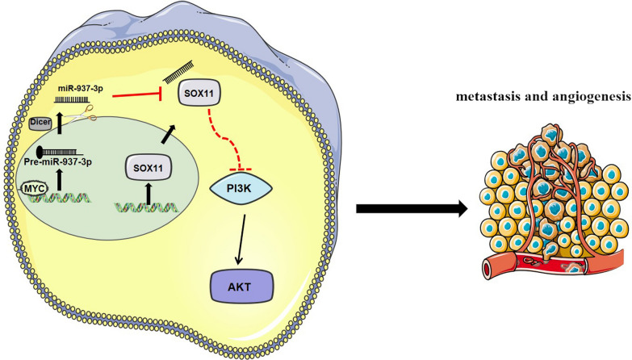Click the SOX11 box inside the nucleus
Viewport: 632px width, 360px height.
coord(148,167)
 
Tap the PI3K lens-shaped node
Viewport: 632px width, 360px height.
coord(241,188)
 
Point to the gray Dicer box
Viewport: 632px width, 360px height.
coord(40,123)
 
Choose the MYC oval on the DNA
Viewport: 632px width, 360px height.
coord(35,188)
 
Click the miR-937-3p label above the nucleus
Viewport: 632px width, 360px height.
coord(80,89)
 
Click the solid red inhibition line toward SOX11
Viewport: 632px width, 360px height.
coord(137,96)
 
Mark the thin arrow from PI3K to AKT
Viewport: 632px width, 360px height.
coord(241,240)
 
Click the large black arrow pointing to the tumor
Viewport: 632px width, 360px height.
coord(412,208)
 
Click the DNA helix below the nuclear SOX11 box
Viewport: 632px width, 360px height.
coord(146,207)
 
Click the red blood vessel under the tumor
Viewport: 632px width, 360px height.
coord(552,263)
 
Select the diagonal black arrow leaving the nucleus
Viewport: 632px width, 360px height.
coord(168,134)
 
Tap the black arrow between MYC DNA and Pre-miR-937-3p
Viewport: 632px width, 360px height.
coord(60,179)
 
